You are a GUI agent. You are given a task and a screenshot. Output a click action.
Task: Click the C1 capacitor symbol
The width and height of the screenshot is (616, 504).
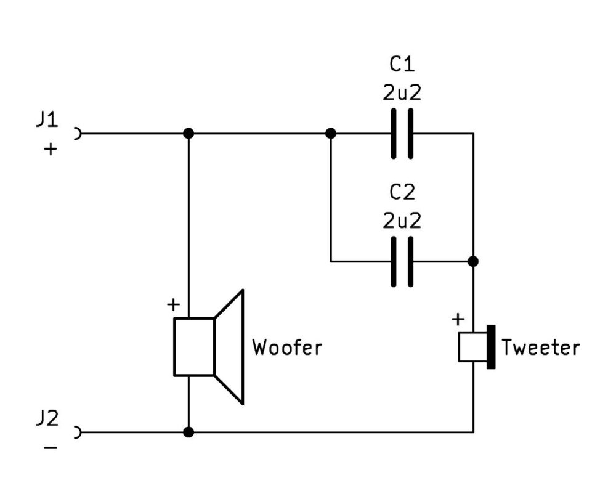click(402, 134)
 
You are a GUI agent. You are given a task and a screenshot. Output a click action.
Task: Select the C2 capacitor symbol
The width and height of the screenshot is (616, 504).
click(402, 261)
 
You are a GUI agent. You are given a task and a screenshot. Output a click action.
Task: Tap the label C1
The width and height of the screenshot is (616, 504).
click(402, 64)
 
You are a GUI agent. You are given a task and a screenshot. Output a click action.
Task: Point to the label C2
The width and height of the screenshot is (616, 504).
click(402, 192)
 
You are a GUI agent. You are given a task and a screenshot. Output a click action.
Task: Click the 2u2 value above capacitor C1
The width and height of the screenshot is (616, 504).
click(402, 93)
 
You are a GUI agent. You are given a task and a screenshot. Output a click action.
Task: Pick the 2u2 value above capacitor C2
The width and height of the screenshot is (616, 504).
click(402, 221)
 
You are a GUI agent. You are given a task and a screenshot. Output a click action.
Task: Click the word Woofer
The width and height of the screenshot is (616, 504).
click(287, 348)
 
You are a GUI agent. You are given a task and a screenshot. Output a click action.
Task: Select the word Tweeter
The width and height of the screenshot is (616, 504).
click(541, 348)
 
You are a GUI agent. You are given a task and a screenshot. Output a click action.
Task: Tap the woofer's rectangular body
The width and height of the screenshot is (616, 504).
click(194, 347)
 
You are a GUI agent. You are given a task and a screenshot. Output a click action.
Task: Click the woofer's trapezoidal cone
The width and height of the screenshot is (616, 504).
click(229, 347)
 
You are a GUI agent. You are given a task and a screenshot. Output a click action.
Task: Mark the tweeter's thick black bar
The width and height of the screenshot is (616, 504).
click(491, 347)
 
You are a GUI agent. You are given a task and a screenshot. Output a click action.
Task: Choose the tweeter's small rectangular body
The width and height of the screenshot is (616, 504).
click(473, 347)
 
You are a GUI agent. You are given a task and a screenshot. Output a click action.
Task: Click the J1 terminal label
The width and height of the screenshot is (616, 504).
click(47, 120)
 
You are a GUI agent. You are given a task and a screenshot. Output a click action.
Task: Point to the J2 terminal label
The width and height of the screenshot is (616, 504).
click(47, 418)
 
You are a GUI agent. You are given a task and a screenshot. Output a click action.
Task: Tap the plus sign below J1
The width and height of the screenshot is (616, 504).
click(51, 149)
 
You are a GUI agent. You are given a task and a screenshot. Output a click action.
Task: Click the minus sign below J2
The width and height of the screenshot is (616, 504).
click(51, 447)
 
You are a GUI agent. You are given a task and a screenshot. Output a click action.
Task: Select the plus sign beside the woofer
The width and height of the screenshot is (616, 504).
click(173, 304)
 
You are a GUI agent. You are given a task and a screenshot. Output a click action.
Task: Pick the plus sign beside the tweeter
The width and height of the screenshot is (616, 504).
click(458, 319)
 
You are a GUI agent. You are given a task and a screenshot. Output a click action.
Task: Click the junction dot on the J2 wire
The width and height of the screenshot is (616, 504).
click(188, 433)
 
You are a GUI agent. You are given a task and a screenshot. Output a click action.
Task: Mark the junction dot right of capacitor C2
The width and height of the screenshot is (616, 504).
click(473, 261)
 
